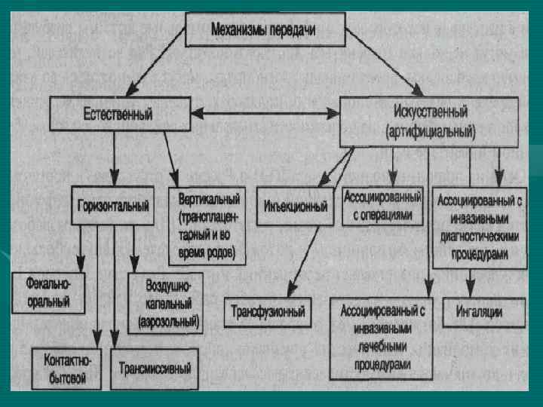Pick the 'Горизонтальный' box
(x=113, y=204)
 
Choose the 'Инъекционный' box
(x=296, y=205)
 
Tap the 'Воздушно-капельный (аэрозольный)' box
(x=167, y=302)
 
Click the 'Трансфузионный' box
(x=267, y=310)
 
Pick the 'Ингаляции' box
(x=479, y=311)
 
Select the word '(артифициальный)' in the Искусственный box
(x=430, y=131)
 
